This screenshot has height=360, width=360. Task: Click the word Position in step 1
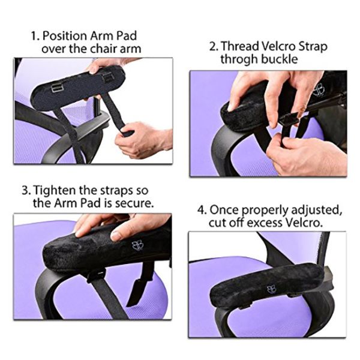coord(64,36)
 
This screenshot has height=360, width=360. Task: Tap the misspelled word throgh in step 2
coord(239,59)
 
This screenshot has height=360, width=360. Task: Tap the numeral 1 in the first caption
coord(35,36)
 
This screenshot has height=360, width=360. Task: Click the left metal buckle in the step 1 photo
coord(56,88)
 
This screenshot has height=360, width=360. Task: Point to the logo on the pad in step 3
coord(137,245)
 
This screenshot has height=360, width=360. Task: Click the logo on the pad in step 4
coord(271,289)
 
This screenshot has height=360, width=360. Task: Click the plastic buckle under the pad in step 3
coord(96,275)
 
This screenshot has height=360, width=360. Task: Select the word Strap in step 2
coord(313,47)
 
